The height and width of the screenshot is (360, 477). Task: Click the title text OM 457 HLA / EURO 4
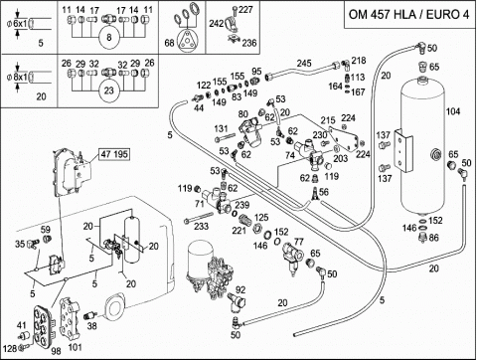click(409, 15)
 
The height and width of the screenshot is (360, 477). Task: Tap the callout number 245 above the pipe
click(304, 63)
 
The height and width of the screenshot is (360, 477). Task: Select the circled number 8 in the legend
click(109, 38)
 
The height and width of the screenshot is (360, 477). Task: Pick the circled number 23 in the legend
click(109, 90)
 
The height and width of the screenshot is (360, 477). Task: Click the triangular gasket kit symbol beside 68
click(188, 42)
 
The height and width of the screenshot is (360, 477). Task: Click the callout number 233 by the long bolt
click(201, 226)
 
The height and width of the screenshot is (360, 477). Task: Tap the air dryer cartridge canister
click(199, 258)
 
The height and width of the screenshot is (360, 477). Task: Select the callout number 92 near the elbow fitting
click(240, 289)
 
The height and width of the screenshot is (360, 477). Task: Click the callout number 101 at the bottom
click(75, 348)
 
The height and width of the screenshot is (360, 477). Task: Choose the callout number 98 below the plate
click(56, 351)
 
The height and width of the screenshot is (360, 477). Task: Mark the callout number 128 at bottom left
click(10, 348)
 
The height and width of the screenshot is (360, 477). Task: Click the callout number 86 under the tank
click(433, 238)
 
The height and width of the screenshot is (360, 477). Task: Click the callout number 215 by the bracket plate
click(328, 120)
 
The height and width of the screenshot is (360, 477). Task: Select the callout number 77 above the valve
click(299, 242)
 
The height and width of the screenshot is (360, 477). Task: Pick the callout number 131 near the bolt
click(221, 128)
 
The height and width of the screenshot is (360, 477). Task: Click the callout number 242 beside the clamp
click(216, 24)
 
